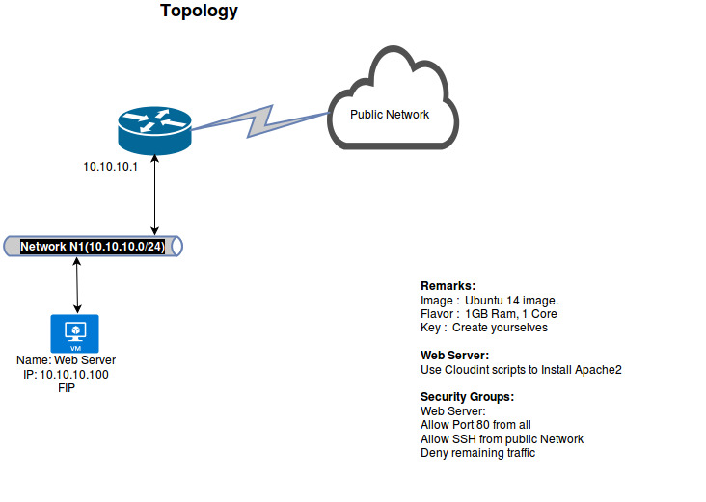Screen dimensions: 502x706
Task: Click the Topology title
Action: (199, 12)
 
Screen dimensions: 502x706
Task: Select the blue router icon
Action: (154, 124)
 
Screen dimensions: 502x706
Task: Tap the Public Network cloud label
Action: (390, 115)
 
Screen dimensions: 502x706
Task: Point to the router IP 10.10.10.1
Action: (111, 166)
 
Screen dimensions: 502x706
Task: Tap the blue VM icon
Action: (74, 333)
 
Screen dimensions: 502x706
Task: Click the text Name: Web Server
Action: (67, 360)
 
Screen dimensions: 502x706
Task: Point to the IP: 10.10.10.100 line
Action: (66, 374)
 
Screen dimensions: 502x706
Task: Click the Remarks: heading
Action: (448, 286)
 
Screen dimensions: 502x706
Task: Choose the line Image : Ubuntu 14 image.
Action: (489, 301)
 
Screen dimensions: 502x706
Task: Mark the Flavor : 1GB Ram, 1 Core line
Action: (488, 314)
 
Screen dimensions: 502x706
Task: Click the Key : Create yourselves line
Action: (483, 328)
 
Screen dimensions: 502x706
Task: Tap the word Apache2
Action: (599, 370)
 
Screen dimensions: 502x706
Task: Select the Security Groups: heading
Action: (467, 397)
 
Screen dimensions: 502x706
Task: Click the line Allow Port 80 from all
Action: (475, 425)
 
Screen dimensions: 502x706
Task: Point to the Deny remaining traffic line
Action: (477, 453)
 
